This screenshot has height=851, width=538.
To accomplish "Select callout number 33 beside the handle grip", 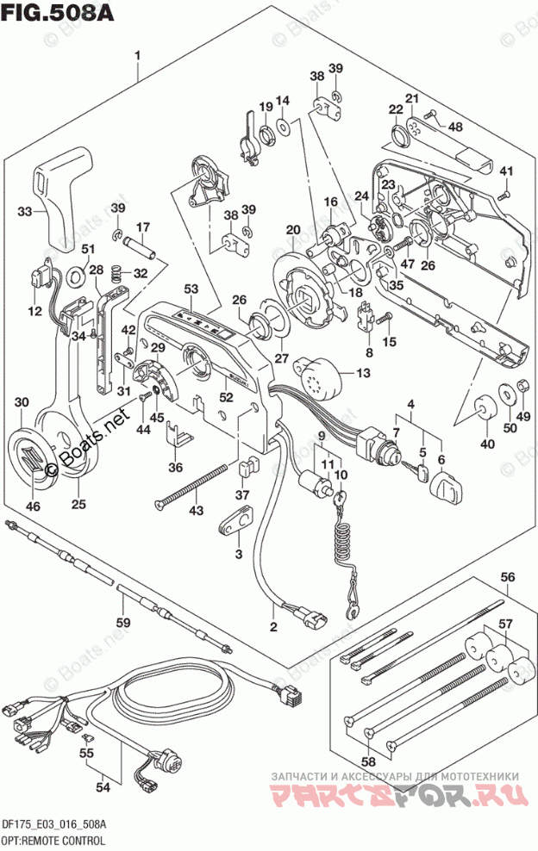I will (25, 211).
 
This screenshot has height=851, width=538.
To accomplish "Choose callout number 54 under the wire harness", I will (102, 786).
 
